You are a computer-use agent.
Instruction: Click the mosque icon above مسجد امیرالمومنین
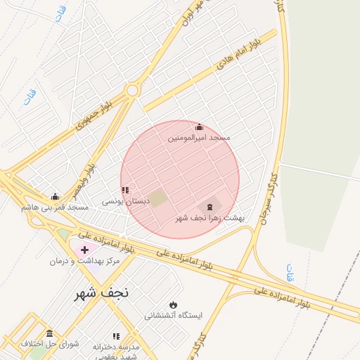(x=199, y=127)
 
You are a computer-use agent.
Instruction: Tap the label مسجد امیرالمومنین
(x=199, y=139)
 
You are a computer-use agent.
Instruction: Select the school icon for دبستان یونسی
(x=125, y=190)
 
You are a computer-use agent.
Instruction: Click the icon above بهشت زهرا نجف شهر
(x=209, y=206)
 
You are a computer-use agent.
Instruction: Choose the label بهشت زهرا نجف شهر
(x=210, y=218)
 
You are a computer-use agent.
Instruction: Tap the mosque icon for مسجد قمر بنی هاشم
(x=55, y=196)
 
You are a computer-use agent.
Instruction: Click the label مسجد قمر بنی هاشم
(x=55, y=207)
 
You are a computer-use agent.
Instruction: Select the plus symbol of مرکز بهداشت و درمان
(x=85, y=250)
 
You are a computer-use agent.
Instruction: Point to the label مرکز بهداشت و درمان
(x=84, y=261)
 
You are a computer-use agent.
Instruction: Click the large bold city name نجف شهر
(x=104, y=294)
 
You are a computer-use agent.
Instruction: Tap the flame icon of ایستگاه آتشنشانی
(x=173, y=304)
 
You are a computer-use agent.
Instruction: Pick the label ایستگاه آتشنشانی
(x=173, y=316)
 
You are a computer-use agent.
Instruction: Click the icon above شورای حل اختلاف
(x=49, y=333)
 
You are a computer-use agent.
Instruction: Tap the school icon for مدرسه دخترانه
(x=116, y=336)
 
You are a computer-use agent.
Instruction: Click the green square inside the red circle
(x=160, y=198)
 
